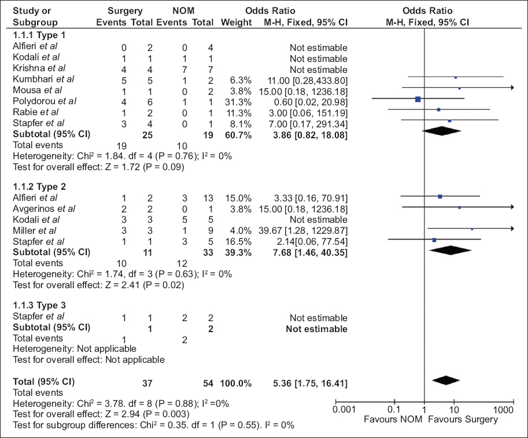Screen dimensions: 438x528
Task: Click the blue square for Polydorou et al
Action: coord(418,100)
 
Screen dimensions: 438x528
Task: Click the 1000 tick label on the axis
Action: coord(503,410)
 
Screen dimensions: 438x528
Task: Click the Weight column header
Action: coord(236,22)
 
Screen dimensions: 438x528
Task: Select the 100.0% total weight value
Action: coord(235,382)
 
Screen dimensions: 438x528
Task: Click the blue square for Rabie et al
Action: coord(439,109)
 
